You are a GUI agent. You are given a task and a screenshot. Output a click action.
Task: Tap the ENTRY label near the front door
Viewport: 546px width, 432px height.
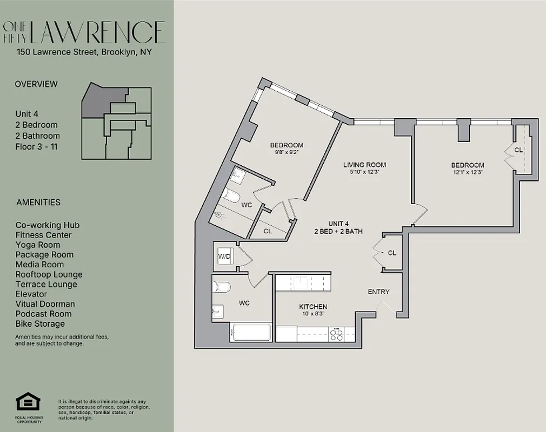point(378,292)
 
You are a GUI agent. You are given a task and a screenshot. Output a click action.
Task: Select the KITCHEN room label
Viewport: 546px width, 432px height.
point(313,307)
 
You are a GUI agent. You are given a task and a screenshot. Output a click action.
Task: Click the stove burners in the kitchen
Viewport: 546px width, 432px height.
point(337,335)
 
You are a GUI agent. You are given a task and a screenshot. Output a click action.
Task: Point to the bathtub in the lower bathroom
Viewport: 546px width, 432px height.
point(250,332)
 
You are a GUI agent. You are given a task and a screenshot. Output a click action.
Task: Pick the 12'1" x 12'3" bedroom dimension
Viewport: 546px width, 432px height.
point(468,173)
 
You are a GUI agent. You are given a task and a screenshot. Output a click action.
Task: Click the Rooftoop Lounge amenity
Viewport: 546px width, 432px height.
point(49,274)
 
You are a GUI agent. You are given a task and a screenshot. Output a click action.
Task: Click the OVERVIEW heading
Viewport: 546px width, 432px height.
point(36,84)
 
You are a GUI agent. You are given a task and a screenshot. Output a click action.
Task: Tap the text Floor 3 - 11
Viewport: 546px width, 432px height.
point(37,146)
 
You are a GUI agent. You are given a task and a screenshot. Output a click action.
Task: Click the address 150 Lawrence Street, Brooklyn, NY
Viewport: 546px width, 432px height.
point(83,52)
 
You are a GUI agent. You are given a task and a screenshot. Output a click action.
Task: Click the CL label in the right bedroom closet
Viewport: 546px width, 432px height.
point(518,150)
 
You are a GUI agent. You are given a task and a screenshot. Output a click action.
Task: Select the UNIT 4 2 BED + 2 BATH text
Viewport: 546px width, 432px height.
point(338,227)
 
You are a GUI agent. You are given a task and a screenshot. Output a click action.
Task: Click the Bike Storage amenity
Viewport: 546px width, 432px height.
point(40,323)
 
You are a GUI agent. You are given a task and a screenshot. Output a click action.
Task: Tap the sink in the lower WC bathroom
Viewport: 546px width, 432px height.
point(217,312)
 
